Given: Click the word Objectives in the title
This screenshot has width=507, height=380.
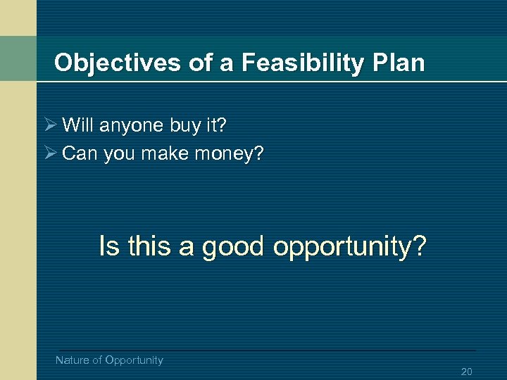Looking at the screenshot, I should tap(118, 63).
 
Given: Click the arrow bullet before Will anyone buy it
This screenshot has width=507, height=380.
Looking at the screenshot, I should tap(48, 126).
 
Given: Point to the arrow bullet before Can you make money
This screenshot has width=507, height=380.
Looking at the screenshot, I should tap(48, 153).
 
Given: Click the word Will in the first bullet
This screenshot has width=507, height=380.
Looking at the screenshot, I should tap(78, 126).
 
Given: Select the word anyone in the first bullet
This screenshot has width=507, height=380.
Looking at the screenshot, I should tap(132, 126).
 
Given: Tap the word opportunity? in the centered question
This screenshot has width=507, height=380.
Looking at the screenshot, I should tap(350, 247).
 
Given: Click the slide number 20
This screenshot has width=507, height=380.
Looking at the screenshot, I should tap(466, 372).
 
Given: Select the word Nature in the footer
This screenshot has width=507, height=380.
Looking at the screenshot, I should tap(73, 360).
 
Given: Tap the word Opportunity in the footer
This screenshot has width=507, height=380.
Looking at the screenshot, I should tap(134, 360).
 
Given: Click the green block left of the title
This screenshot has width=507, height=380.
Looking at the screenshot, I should tap(18, 58).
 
